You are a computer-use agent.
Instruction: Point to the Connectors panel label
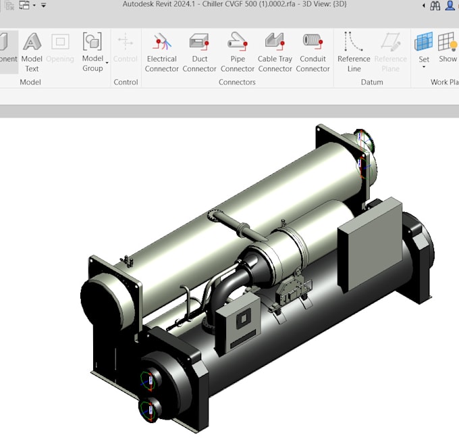pos(237,82)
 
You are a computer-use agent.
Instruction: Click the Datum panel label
pos(371,82)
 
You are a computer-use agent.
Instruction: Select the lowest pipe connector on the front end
pos(148,410)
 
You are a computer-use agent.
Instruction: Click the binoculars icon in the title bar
pos(435,5)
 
